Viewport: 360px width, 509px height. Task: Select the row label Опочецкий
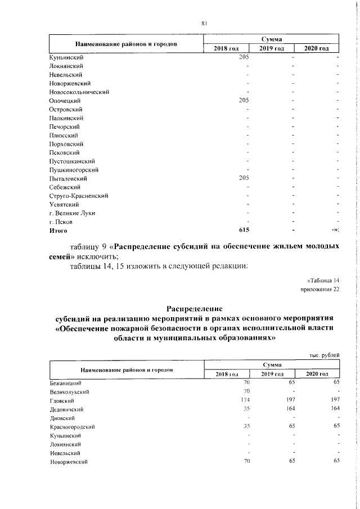pyautogui.click(x=67, y=101)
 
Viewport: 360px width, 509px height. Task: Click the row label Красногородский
pyautogui.click(x=72, y=427)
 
